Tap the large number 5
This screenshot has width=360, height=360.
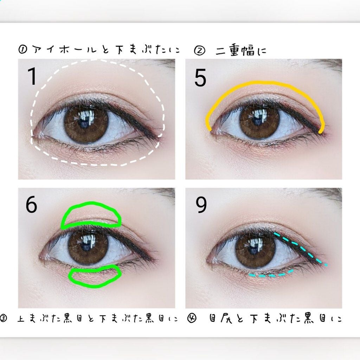pos(200,78)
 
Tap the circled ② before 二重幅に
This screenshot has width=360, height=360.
pos(199,51)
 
